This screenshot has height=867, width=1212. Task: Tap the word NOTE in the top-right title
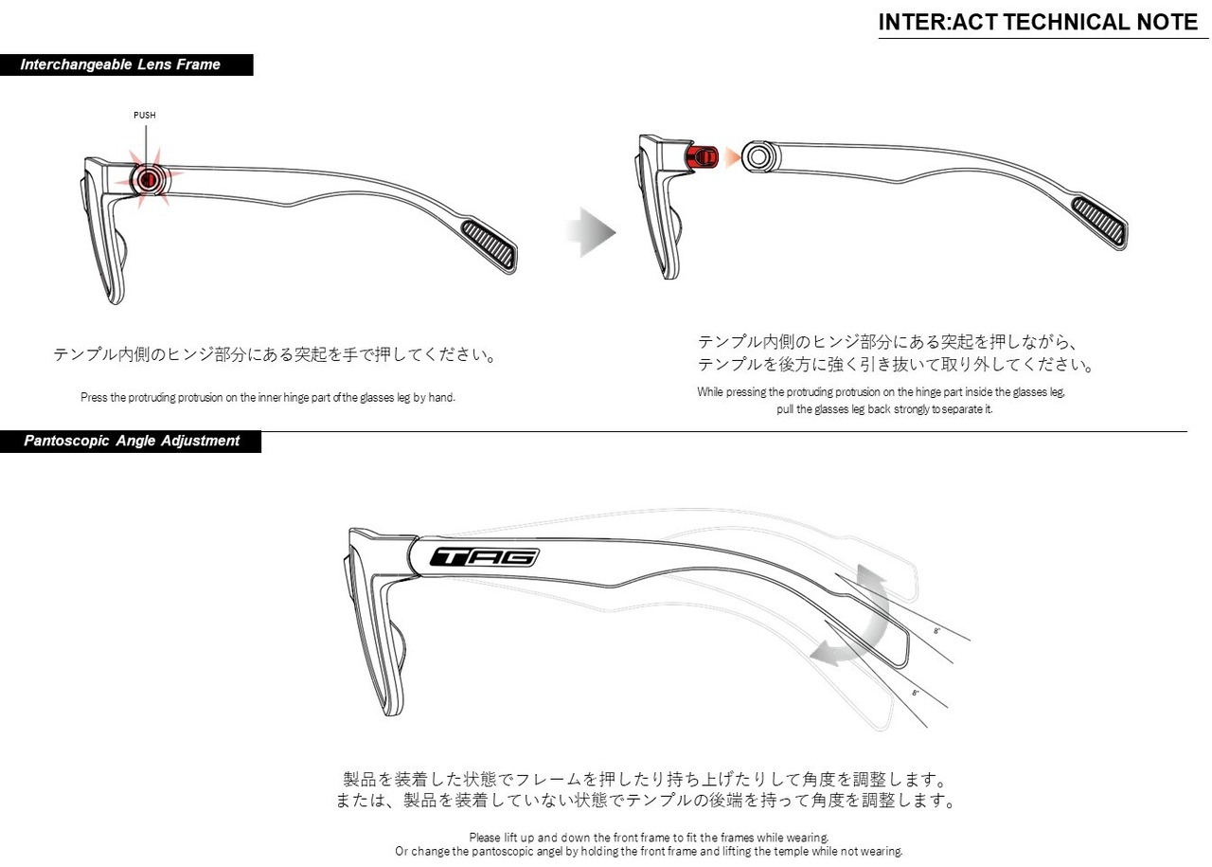(1164, 22)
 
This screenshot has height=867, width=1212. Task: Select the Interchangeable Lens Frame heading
(120, 64)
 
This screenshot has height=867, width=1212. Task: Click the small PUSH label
(145, 116)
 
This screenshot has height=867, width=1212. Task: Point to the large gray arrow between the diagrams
(590, 232)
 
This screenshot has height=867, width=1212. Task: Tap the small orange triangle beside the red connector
(732, 156)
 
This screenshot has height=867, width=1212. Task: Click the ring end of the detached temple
(758, 156)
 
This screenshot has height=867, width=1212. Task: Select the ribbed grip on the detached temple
(1100, 223)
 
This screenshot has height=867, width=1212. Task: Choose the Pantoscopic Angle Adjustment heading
(132, 441)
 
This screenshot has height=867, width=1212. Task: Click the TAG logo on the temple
(485, 557)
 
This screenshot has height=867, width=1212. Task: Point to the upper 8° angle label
(936, 630)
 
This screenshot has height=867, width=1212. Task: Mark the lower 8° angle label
(915, 694)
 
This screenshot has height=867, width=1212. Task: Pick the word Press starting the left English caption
(94, 398)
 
